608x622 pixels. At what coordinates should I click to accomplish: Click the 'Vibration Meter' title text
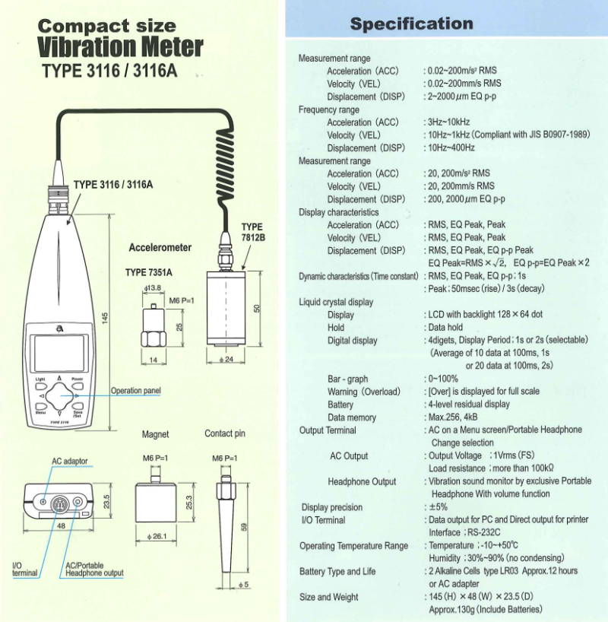[x=121, y=47]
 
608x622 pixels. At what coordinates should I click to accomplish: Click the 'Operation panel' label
[x=136, y=391]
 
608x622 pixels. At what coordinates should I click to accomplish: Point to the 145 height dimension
[x=106, y=316]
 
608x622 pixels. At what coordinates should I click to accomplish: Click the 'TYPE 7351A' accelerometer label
[x=149, y=272]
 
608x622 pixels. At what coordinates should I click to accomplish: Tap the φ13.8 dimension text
[x=154, y=289]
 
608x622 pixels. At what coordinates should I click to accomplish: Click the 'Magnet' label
[x=155, y=434]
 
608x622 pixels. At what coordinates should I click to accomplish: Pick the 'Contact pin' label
[x=225, y=434]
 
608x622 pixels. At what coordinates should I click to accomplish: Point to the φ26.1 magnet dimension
[x=155, y=537]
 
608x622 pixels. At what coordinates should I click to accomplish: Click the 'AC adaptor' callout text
[x=70, y=462]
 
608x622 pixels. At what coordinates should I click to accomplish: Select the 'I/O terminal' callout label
[x=24, y=569]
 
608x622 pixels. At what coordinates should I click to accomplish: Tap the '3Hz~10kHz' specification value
[x=448, y=122]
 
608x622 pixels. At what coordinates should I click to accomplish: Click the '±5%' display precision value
[x=436, y=507]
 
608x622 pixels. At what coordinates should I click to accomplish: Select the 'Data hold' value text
[x=447, y=328]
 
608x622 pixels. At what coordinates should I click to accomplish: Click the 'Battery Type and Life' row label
[x=339, y=571]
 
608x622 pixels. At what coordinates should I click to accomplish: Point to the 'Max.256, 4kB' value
[x=454, y=417]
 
